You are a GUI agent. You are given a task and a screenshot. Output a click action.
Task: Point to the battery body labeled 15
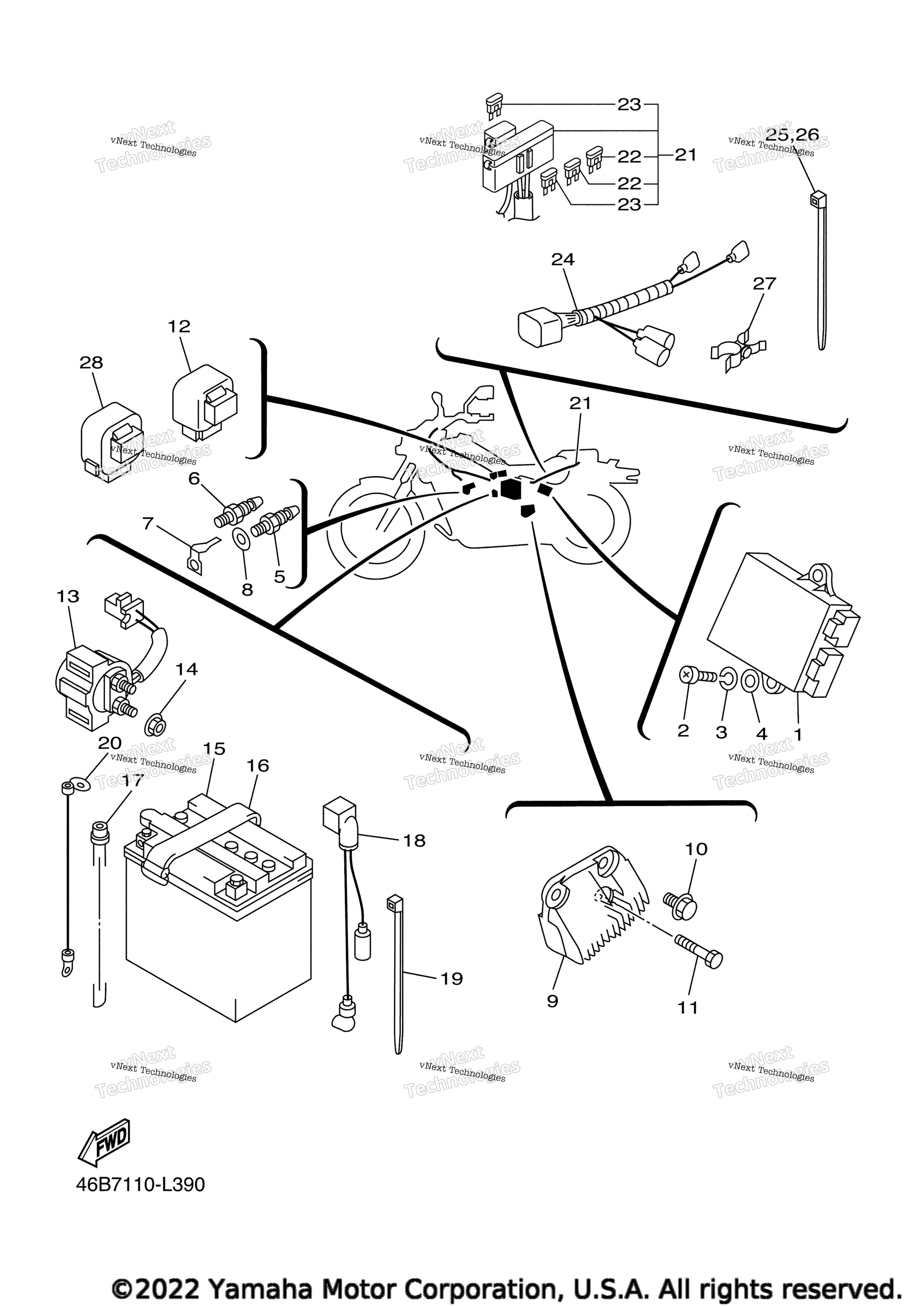pos(218,910)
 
